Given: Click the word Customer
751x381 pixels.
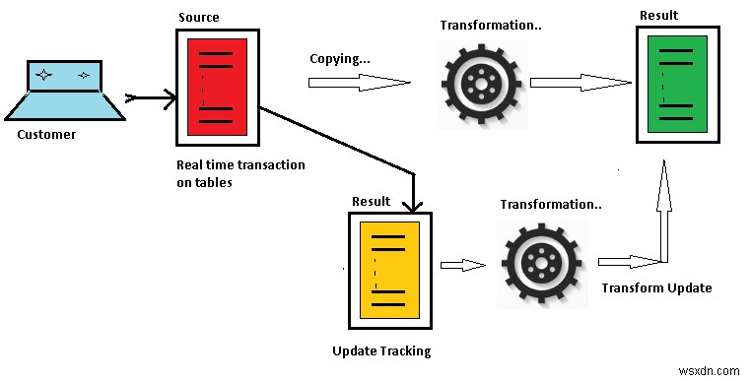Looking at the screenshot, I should [46, 134].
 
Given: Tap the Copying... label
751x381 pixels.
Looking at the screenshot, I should [340, 58].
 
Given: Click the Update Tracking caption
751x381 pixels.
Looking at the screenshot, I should [381, 350].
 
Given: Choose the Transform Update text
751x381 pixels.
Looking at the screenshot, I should [655, 288].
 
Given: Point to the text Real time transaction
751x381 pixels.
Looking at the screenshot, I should [240, 164].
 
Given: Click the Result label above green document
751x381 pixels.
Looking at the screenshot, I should [658, 14].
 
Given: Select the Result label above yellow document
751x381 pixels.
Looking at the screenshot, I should [371, 201].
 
